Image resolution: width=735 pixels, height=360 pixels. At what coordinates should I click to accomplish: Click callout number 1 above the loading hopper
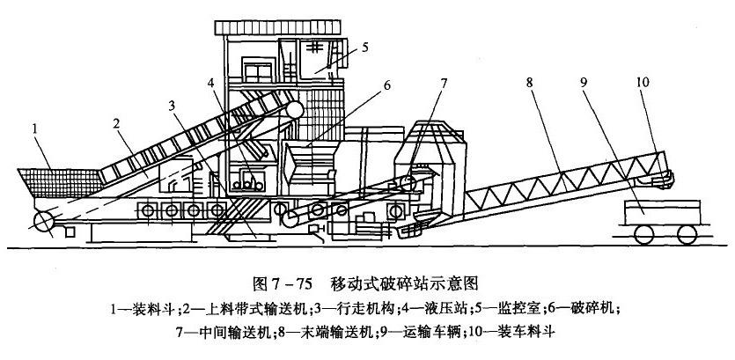pyautogui.click(x=35, y=128)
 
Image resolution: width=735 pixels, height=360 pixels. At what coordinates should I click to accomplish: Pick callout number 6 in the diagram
pyautogui.click(x=385, y=85)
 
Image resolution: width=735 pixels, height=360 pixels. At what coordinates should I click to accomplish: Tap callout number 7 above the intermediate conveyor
pyautogui.click(x=445, y=84)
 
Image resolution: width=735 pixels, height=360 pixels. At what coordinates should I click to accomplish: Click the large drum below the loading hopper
pyautogui.click(x=40, y=219)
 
